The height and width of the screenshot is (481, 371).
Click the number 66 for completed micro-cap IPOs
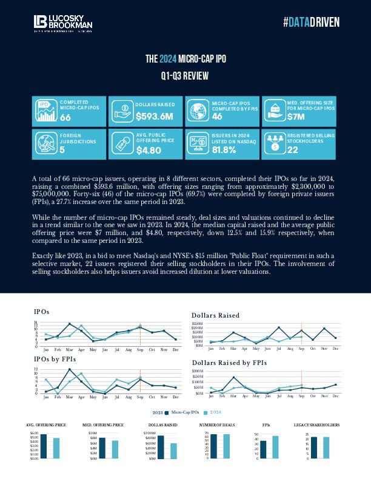pyautogui.click(x=65, y=117)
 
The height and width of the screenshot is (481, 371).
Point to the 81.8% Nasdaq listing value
pyautogui.click(x=224, y=150)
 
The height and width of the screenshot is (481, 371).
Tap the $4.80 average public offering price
pyautogui.click(x=149, y=150)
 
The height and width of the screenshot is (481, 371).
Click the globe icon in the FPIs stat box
pyautogui.click(x=198, y=111)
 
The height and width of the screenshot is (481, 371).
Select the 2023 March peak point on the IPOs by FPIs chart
pyautogui.click(x=70, y=369)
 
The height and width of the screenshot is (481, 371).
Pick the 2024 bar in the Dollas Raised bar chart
pyautogui.click(x=174, y=451)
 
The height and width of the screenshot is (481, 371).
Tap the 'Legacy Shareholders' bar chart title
pyautogui.click(x=316, y=425)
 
